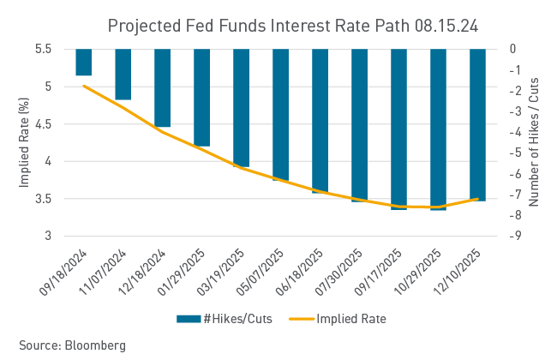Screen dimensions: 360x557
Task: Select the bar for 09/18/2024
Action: coord(83,63)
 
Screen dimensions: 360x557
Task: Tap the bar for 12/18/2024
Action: coord(162,87)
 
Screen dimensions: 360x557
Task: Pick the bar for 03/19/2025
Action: coord(241,107)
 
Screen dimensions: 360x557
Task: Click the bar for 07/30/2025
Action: coord(359,124)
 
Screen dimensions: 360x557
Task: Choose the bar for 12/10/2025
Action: coord(477,124)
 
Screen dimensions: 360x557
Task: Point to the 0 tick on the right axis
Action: coord(512,50)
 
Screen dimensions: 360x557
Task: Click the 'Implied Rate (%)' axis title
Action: coord(25,142)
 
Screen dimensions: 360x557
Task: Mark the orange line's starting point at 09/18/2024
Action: coord(83,86)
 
